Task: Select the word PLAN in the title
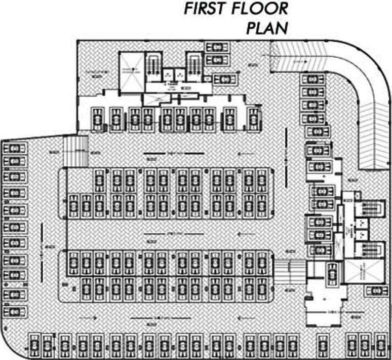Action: (x=267, y=28)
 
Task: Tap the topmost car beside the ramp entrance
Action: (x=217, y=46)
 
